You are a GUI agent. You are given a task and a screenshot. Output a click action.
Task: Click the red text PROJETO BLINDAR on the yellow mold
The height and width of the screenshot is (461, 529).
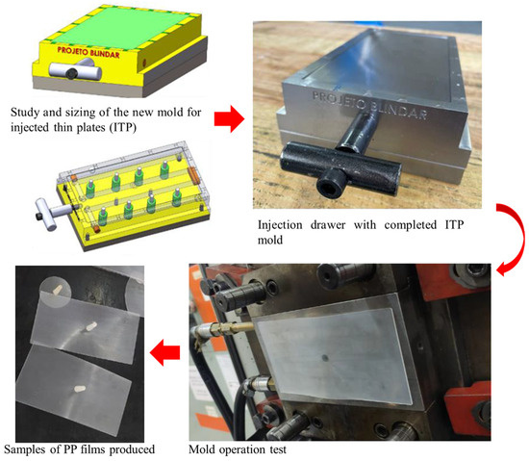click(88, 52)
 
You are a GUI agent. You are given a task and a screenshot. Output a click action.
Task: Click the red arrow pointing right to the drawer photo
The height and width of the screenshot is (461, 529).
click(229, 118)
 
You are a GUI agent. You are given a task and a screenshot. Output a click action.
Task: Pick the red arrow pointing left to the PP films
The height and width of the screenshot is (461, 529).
click(164, 352)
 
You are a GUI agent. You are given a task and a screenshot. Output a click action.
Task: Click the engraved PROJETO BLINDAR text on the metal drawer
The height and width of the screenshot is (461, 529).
click(369, 105)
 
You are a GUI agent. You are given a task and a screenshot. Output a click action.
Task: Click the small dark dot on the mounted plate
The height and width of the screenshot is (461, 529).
click(325, 358)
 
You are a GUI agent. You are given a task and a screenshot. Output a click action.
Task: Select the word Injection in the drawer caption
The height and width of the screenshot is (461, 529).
click(280, 225)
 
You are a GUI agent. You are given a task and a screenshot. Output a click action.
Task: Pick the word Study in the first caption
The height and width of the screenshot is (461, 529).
click(25, 112)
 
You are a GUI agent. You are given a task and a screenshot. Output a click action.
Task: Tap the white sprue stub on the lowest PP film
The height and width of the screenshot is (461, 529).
click(80, 389)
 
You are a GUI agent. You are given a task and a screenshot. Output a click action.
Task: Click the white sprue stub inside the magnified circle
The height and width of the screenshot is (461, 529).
click(58, 290)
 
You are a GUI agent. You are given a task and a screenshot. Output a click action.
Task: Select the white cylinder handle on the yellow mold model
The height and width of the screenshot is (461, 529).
click(75, 70)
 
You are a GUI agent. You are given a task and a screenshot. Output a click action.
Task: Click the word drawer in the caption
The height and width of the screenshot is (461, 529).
click(328, 225)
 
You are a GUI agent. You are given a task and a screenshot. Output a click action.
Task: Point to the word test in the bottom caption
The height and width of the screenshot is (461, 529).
click(278, 449)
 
